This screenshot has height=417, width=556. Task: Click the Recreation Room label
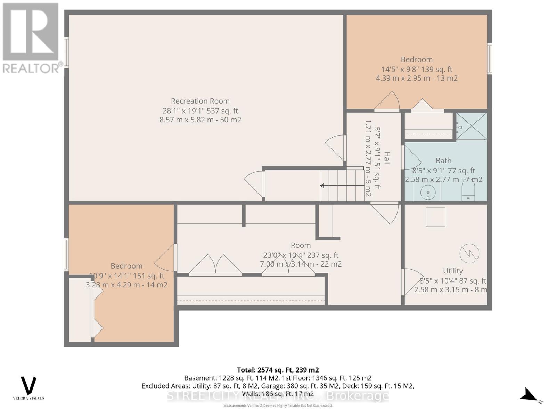tap(200, 101)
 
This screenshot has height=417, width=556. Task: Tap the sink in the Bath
tap(428, 192)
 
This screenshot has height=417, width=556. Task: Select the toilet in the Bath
tap(468, 193)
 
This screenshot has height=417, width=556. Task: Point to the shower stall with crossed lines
tap(472, 126)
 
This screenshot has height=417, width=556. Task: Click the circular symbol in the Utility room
tap(469, 254)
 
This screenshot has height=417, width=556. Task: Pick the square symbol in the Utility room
tap(435, 217)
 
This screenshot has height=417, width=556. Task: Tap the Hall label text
tap(387, 158)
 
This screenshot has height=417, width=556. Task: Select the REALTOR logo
tap(31, 38)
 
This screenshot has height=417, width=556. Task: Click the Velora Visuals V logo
tap(28, 386)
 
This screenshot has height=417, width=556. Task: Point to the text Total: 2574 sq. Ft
tap(278, 370)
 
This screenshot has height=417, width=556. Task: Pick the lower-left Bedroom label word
tap(126, 266)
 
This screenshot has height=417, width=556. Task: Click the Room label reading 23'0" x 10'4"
tap(301, 255)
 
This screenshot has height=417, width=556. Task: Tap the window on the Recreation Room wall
tap(66, 52)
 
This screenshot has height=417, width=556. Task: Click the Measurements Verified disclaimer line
tap(278, 406)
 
